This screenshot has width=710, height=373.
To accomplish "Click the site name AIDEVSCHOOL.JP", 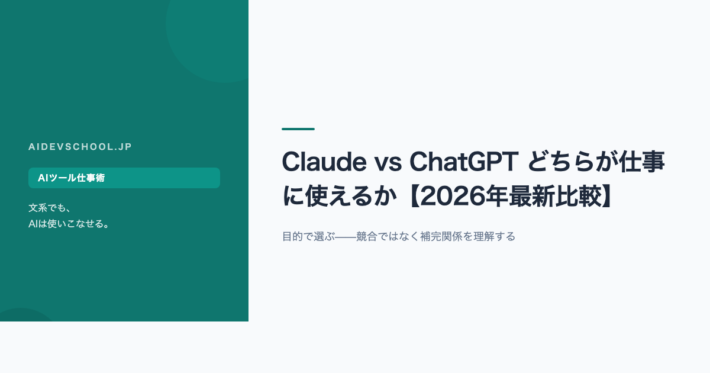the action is click(80, 147).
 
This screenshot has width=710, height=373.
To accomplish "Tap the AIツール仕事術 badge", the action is click(124, 178).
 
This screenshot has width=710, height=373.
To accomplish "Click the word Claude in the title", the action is click(324, 162).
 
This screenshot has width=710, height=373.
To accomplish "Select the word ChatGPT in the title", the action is click(464, 162).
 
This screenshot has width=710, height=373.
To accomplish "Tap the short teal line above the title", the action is click(298, 129).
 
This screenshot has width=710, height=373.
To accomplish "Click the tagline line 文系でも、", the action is click(50, 208).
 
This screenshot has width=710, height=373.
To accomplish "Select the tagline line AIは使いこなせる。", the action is click(69, 224).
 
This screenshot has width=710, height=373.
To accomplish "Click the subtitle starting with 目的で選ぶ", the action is click(399, 237).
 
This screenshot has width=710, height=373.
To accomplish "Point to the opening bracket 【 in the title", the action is click(413, 197).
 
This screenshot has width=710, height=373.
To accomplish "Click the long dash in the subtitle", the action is click(346, 237).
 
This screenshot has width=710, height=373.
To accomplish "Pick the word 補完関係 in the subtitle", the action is click(441, 237).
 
